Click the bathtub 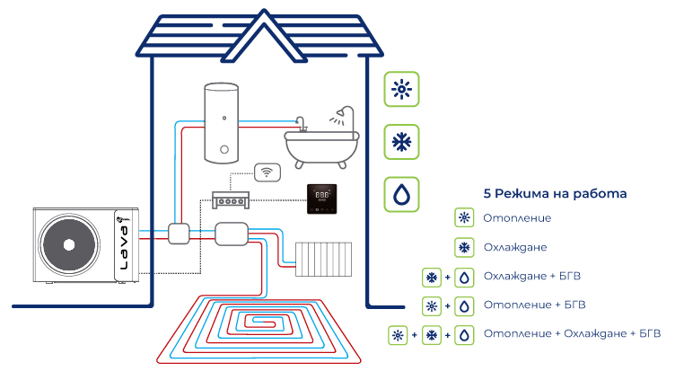click(x=321, y=145)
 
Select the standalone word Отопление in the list click(x=516, y=218)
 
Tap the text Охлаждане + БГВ click(x=538, y=277)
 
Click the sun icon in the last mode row click(x=398, y=335)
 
